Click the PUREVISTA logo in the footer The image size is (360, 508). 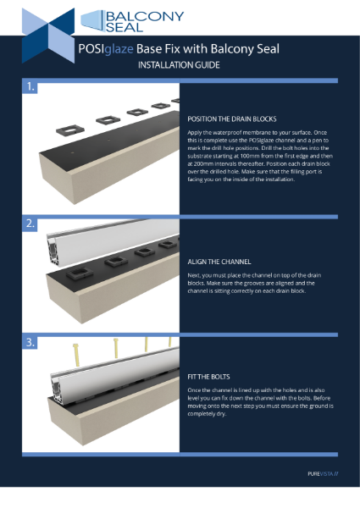[x=323, y=472]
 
